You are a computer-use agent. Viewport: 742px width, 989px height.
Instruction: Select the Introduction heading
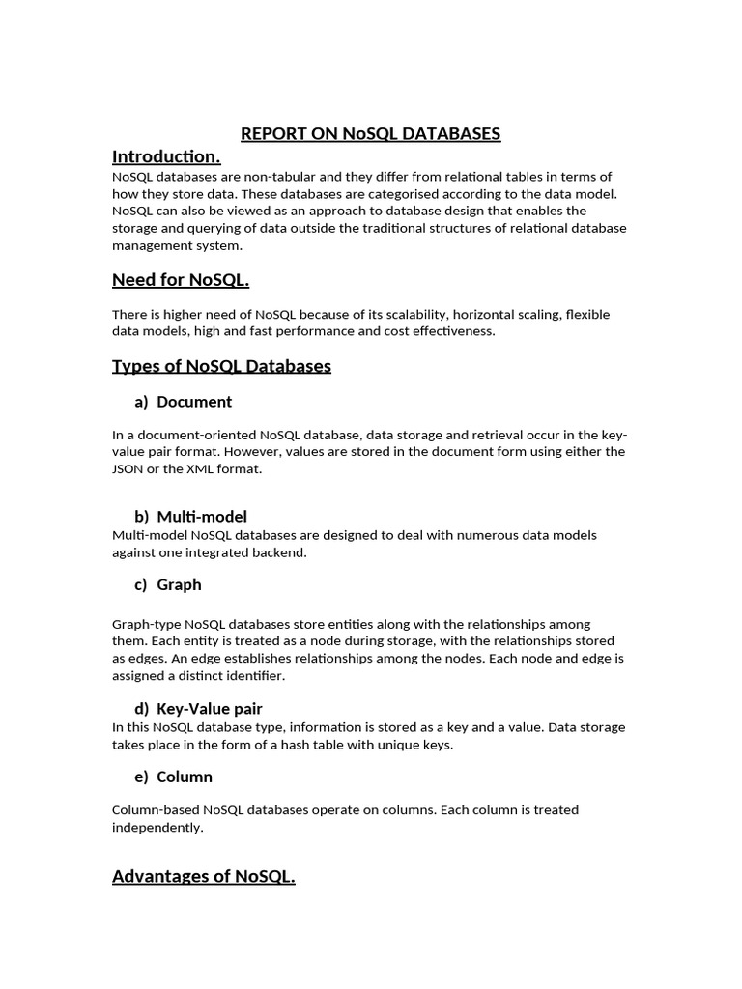tap(166, 156)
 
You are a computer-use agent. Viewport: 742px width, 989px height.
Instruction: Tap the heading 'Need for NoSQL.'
tap(181, 280)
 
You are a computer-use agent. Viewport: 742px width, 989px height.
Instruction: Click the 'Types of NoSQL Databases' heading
tap(221, 366)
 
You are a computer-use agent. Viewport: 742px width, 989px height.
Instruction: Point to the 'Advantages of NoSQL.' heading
tap(203, 876)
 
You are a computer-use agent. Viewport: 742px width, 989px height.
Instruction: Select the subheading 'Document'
tap(194, 401)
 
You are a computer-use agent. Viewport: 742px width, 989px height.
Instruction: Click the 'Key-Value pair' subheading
tap(209, 708)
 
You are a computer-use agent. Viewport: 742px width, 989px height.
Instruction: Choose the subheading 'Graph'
tap(179, 584)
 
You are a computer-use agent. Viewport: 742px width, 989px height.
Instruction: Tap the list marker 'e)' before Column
tap(141, 777)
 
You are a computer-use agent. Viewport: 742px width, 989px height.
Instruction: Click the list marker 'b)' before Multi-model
tap(141, 516)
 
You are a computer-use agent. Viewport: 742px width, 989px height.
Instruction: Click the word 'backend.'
tap(279, 551)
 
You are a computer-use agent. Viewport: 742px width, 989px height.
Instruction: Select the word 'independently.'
tap(157, 827)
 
